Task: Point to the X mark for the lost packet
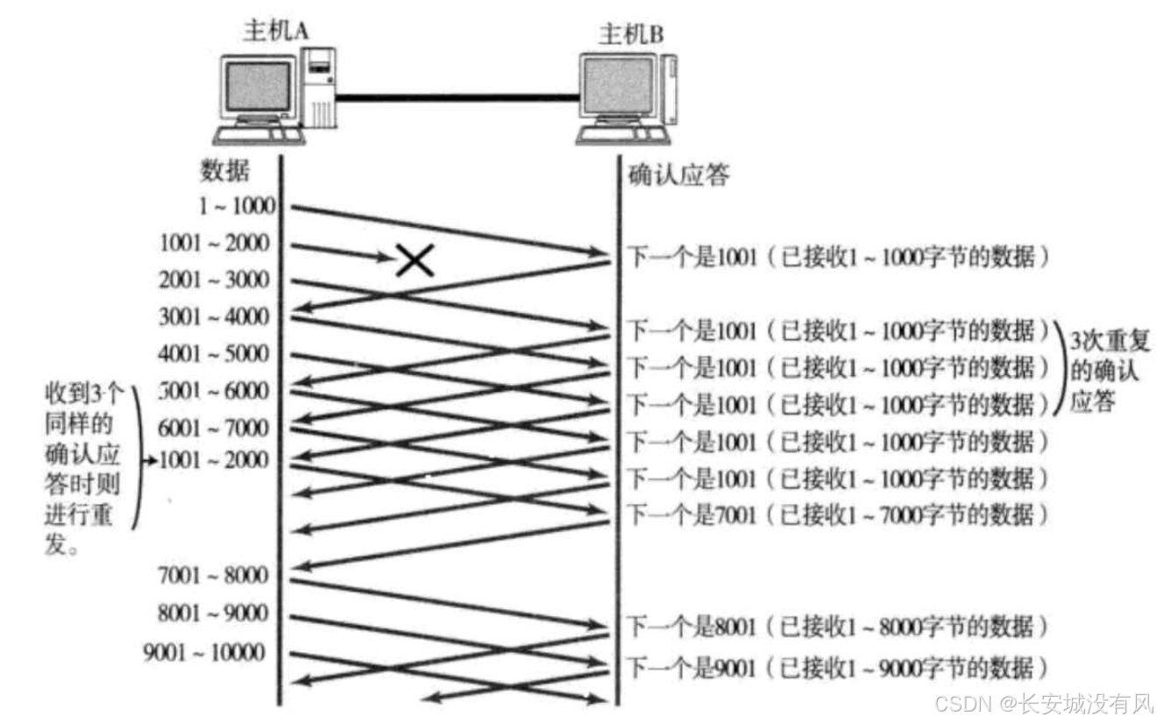pos(415,259)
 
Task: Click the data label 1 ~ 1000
pos(238,207)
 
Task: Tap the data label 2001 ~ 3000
pos(215,280)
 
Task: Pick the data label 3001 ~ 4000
pos(215,317)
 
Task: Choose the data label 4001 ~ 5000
pos(215,354)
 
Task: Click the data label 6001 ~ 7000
pos(215,429)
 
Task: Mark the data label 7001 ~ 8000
pos(215,576)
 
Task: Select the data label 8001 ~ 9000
pos(215,613)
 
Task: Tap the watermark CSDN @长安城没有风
pos(1042,703)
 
